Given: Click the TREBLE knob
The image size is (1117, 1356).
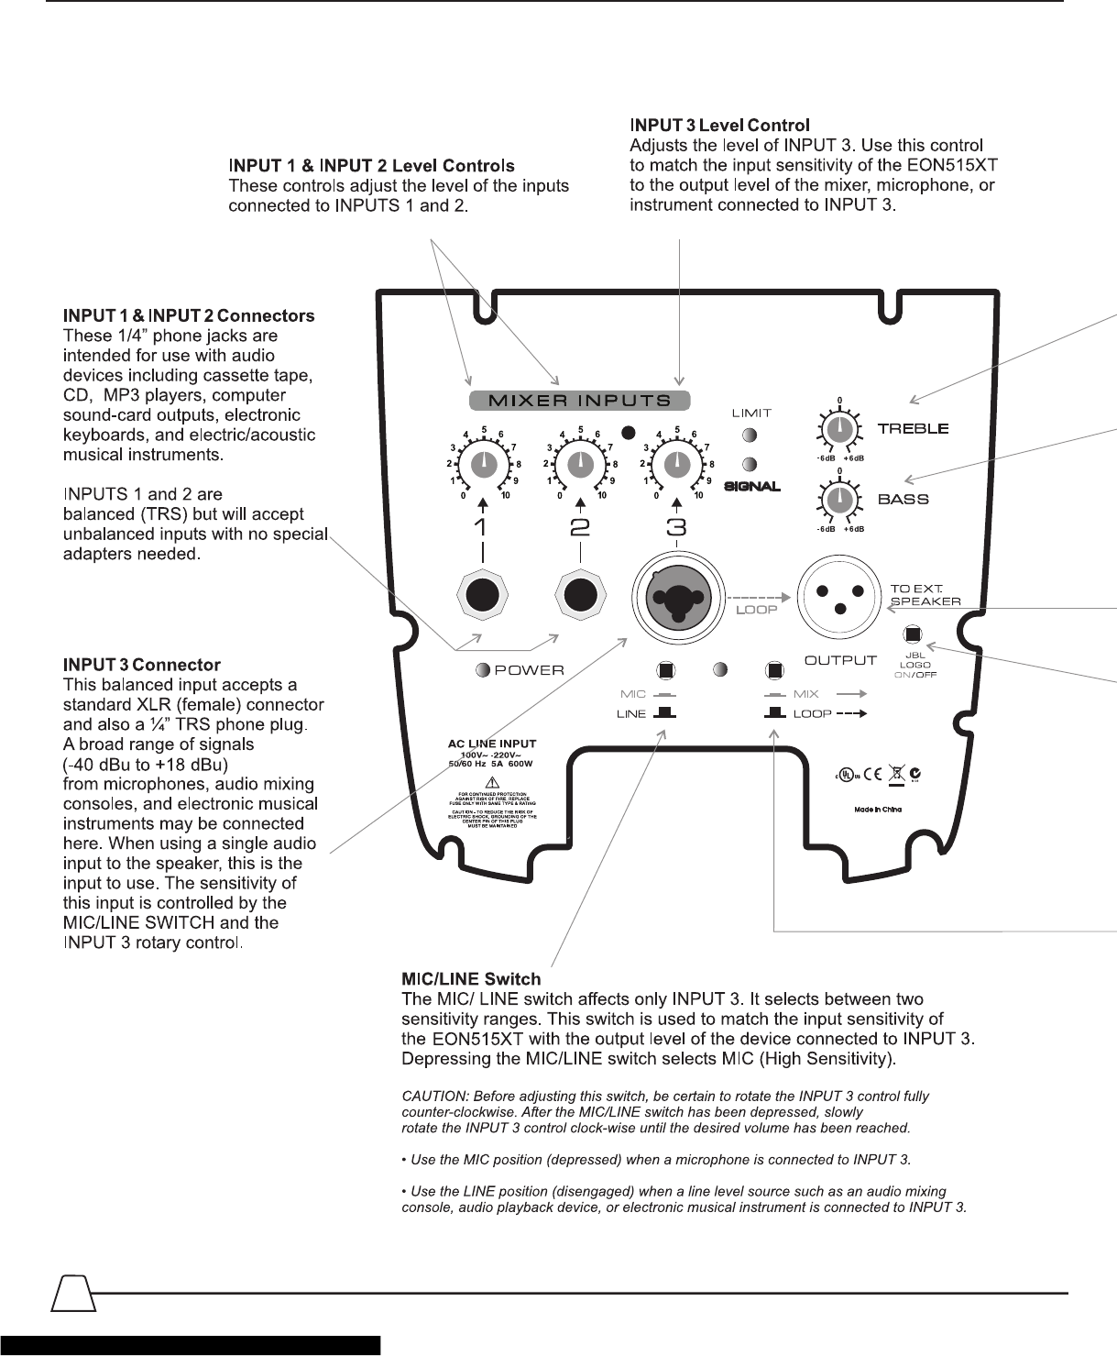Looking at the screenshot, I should click(x=838, y=428).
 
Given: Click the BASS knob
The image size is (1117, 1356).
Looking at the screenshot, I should click(x=838, y=500).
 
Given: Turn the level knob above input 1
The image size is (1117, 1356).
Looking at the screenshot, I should click(x=484, y=466).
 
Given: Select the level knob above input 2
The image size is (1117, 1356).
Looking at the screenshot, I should click(x=580, y=466).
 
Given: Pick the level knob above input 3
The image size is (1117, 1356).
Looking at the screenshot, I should click(x=676, y=466).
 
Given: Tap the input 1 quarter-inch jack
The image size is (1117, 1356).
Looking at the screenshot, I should click(x=482, y=596).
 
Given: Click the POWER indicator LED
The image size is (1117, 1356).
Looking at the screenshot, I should click(x=483, y=670).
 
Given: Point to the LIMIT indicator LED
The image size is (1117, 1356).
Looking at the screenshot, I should click(x=750, y=435).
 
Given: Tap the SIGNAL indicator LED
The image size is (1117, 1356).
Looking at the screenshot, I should click(x=750, y=464).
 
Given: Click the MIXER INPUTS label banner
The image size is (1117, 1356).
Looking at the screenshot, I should click(x=579, y=400).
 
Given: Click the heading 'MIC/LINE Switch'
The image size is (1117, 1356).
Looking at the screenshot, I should click(x=472, y=979).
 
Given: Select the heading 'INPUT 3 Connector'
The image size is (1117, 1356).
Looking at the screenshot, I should click(x=142, y=664).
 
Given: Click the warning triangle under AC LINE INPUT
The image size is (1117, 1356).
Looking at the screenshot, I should click(x=493, y=781).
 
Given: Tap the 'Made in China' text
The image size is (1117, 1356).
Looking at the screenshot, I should click(x=877, y=810).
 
